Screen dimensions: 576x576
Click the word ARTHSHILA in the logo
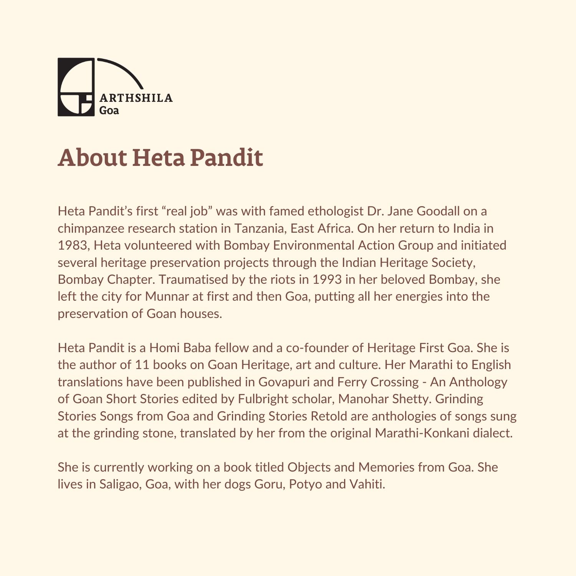pos(136,98)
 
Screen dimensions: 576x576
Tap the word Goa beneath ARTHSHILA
pos(109,111)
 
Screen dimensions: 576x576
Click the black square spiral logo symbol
pos(76,87)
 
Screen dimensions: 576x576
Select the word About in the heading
pos(92,157)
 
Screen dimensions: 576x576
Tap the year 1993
pos(327,280)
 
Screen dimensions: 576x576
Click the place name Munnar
pos(167,296)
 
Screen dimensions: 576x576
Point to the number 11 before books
pos(142,365)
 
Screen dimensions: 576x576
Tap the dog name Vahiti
pos(367,484)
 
